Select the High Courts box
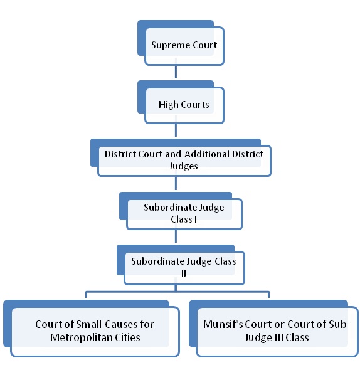[x=181, y=102]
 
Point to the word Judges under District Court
[x=184, y=166]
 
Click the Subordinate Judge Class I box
[x=181, y=211]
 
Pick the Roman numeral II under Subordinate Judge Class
[x=184, y=273]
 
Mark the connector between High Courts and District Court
[x=176, y=130]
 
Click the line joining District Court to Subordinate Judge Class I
[x=176, y=183]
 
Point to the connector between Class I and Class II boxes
[x=176, y=236]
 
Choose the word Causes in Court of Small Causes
[x=121, y=324]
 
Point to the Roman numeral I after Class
[x=196, y=219]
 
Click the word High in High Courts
[x=169, y=105]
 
